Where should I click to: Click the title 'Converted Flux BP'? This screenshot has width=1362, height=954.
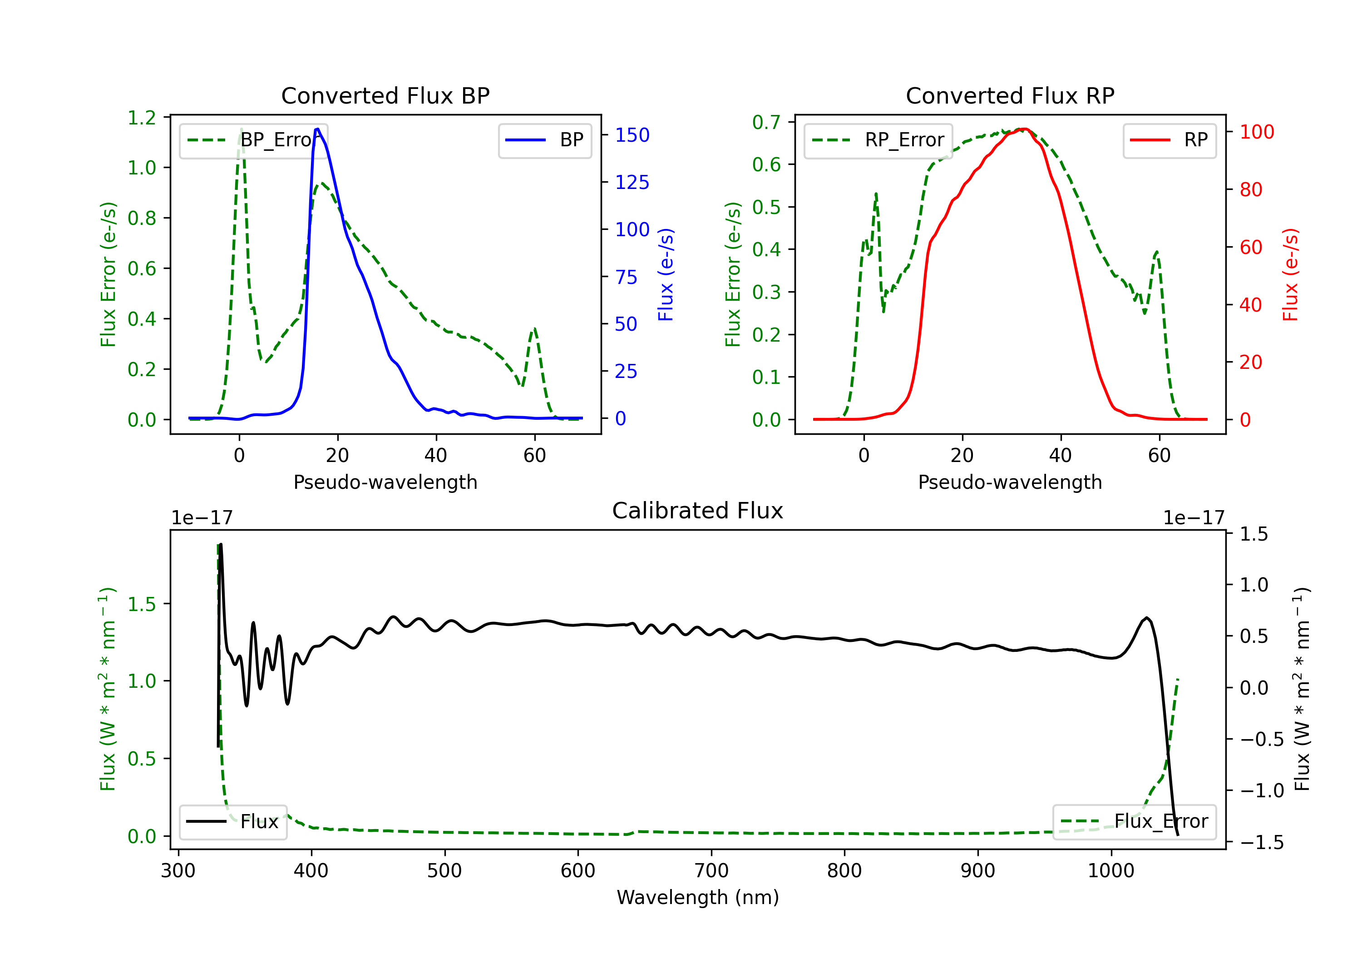[385, 95]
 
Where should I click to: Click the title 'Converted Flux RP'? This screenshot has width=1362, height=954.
[1010, 95]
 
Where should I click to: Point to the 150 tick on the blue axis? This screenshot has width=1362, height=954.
[632, 135]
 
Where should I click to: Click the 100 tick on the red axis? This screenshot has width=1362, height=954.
[1256, 132]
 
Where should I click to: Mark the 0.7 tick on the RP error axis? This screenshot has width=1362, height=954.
[766, 122]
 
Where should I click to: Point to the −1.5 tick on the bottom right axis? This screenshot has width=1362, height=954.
[1262, 842]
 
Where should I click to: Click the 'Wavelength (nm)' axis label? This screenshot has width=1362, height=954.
[698, 898]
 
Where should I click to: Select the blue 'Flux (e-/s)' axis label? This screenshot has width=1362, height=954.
[666, 274]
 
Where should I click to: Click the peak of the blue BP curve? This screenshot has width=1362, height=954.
[318, 129]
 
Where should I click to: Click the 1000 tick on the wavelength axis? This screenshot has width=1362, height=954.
[1110, 871]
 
